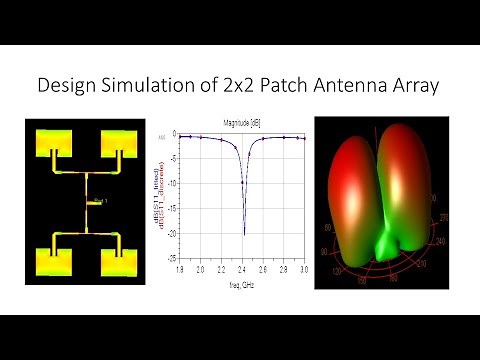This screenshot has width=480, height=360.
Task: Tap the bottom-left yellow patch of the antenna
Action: click(47, 263)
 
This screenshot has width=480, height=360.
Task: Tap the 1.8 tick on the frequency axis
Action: click(179, 271)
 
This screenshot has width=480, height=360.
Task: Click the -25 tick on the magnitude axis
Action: click(173, 258)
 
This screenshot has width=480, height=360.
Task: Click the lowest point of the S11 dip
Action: click(243, 235)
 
